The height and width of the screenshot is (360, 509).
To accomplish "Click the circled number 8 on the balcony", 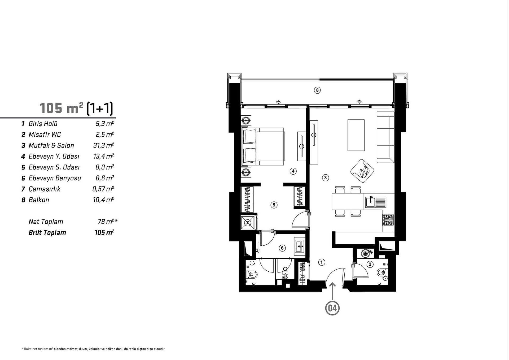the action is pos(317,90).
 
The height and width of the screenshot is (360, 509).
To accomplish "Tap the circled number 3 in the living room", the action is pos(325,178).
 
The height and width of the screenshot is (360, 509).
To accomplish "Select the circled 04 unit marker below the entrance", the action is pos(332,308).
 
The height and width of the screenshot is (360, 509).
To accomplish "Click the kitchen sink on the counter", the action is pos(376,202).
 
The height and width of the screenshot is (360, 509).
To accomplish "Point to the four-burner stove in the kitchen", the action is pos(388,220).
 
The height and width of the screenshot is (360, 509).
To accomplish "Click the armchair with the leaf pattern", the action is pos(362,171).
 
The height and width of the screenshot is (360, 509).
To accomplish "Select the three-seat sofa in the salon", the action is pos(385,137).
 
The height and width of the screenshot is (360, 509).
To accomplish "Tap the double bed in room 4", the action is pos(263,146).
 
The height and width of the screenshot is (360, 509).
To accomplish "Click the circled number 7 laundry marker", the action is pos(248,223).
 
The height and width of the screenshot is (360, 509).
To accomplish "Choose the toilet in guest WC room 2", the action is pos(382,272).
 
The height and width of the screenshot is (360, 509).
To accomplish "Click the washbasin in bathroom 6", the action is pos(300,247).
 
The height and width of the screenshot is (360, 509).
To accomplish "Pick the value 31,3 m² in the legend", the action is pos(104,145).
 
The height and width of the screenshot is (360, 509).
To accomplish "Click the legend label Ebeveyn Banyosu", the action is pos(55,178).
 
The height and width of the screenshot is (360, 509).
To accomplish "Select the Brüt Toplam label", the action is pos(47,233).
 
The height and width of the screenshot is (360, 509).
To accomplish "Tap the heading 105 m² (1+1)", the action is pos(76,108).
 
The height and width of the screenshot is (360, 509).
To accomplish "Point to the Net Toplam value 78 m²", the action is pos(108,222).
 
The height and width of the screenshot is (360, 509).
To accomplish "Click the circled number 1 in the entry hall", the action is pos(322,262).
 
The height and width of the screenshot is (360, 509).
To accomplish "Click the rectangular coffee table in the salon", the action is pos(356,135).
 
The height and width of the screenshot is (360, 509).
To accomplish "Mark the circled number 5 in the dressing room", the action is pos(274,205).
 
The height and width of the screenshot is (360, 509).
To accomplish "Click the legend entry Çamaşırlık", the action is pos(45,189).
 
